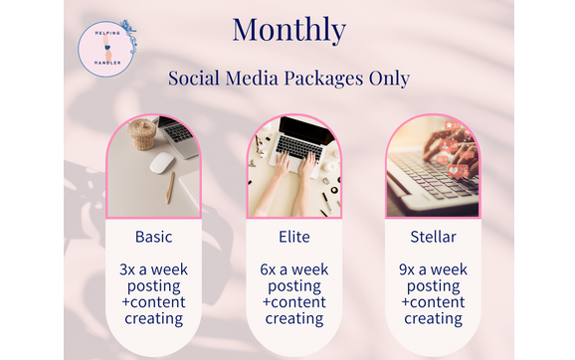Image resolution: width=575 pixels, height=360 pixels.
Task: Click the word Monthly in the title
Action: click(x=288, y=29)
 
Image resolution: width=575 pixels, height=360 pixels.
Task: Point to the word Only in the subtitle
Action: click(x=388, y=79)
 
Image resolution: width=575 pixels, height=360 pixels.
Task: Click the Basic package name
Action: click(x=154, y=237)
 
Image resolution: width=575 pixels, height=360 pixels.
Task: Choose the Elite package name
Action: click(x=293, y=237)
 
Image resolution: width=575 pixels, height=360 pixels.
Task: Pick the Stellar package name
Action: click(x=433, y=237)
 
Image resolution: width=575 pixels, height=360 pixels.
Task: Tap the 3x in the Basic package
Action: click(x=129, y=270)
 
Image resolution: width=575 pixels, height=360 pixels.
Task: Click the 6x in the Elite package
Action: click(x=269, y=270)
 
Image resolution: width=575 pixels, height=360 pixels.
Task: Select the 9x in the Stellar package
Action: click(x=408, y=270)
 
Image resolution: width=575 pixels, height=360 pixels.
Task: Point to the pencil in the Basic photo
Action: click(x=169, y=186)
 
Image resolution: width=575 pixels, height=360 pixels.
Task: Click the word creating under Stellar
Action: click(x=433, y=318)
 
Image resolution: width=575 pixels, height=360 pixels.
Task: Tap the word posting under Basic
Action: click(x=154, y=286)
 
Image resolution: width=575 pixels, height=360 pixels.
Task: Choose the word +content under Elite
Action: click(x=293, y=302)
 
